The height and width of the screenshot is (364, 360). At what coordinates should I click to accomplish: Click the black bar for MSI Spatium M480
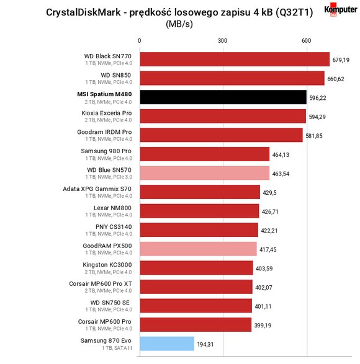pos(223,97)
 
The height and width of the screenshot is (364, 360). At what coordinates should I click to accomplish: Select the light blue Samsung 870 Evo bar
pos(167,344)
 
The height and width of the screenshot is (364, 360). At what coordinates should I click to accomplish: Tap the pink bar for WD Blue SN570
pos(205,173)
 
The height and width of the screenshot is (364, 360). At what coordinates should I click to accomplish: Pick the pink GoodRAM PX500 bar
pos(199,249)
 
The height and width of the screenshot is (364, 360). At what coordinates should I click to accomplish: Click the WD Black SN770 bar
pos(235,59)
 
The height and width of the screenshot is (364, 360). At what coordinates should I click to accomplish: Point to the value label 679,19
pos(341,60)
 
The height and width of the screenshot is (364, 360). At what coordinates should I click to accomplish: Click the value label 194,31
pos(205,344)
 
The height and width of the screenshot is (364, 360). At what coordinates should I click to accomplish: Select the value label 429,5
pos(269,193)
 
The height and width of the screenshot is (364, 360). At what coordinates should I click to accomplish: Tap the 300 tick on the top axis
pos(222,41)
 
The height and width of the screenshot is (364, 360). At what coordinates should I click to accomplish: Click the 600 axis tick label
pos(307,41)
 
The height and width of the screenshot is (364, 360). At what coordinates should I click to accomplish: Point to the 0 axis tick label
pos(139,41)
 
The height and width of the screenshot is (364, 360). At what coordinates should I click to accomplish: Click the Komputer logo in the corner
pos(341,10)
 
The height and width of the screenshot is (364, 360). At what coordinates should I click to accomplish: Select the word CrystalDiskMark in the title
pos(83,12)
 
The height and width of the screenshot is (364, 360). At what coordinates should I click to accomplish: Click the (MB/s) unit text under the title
pos(179,24)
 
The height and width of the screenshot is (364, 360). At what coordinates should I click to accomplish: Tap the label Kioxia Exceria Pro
pos(106,113)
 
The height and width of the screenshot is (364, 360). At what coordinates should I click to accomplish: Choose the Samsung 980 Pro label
pos(106,151)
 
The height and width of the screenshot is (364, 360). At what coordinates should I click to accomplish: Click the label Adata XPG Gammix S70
pos(97,189)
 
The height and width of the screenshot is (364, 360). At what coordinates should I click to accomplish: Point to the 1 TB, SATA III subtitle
pos(117,348)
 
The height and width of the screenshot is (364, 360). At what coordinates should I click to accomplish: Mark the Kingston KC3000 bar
pos(196,268)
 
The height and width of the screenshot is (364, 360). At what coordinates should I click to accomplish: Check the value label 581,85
pos(314,136)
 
